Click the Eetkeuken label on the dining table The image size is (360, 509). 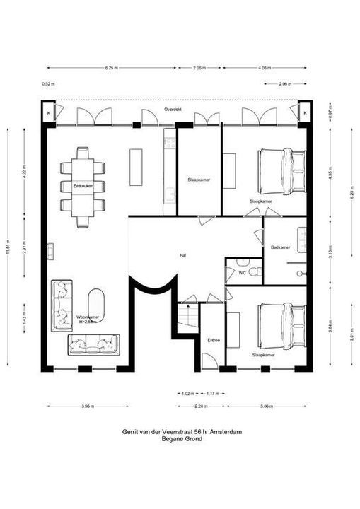pyautogui.click(x=83, y=185)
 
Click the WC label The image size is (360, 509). pyautogui.click(x=242, y=271)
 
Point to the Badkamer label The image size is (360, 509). pyautogui.click(x=279, y=247)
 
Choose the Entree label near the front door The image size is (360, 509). pyautogui.click(x=213, y=340)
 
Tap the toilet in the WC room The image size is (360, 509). pyautogui.click(x=257, y=271)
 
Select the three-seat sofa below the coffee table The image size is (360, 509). pyautogui.click(x=94, y=344)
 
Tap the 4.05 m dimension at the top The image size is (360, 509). pyautogui.click(x=265, y=67)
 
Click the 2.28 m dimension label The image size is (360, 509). pyautogui.click(x=202, y=406)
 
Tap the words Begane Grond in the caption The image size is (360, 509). pyautogui.click(x=182, y=438)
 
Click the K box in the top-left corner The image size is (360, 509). pyautogui.click(x=48, y=112)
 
